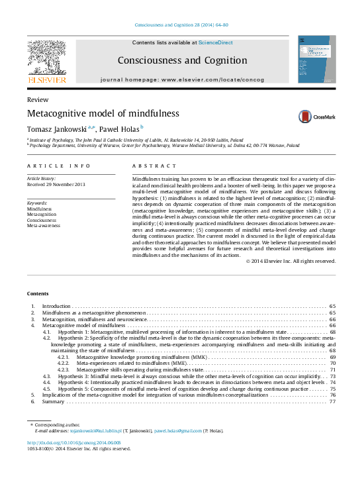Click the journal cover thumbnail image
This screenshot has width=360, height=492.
point(316,60)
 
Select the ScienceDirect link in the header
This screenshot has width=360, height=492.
point(216,42)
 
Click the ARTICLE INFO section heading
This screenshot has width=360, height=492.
point(59,166)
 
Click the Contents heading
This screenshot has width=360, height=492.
point(37,293)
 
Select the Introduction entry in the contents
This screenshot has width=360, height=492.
point(56,307)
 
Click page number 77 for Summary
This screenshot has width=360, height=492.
point(332,401)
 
